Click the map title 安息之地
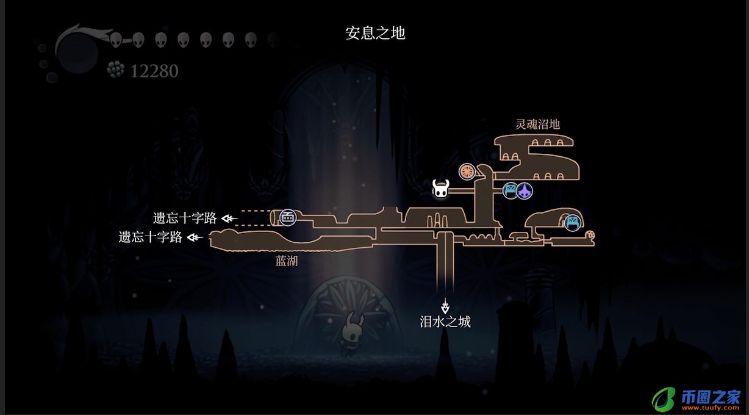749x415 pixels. [x=375, y=33]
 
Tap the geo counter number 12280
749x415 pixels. [x=154, y=71]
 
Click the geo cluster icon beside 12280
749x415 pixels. [x=115, y=70]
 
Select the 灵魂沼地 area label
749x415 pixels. [x=537, y=125]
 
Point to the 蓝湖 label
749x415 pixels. [x=287, y=261]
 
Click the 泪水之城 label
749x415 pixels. [x=445, y=322]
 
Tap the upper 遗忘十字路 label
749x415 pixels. [x=185, y=218]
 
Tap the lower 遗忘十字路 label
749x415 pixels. [x=151, y=237]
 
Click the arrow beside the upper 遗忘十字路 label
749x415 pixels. [x=229, y=218]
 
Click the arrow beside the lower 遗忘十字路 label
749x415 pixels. [x=195, y=237]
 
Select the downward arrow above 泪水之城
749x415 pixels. [x=446, y=305]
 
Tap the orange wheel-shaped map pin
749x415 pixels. [x=467, y=172]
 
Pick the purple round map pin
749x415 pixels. [x=525, y=192]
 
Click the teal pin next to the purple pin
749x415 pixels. [x=511, y=191]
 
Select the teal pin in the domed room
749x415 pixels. [x=572, y=223]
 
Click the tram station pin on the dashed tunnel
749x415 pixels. [x=287, y=217]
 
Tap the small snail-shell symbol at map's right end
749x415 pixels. [x=590, y=234]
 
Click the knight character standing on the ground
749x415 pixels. [x=352, y=333]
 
